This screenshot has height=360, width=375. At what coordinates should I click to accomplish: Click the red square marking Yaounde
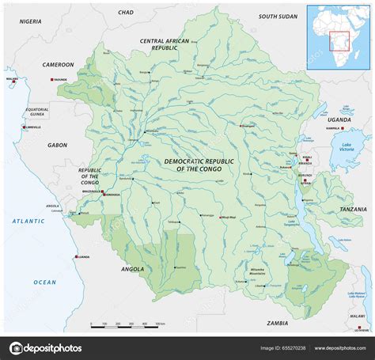tap(51, 81)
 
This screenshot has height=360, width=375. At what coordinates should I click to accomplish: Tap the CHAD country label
tap(126, 13)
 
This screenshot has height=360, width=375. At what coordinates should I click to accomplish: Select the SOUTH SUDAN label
tap(278, 16)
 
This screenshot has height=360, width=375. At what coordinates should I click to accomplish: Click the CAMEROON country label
tap(58, 65)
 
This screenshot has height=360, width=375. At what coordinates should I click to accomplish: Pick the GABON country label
tap(57, 145)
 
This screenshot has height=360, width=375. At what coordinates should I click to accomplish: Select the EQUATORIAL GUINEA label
tap(36, 112)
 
